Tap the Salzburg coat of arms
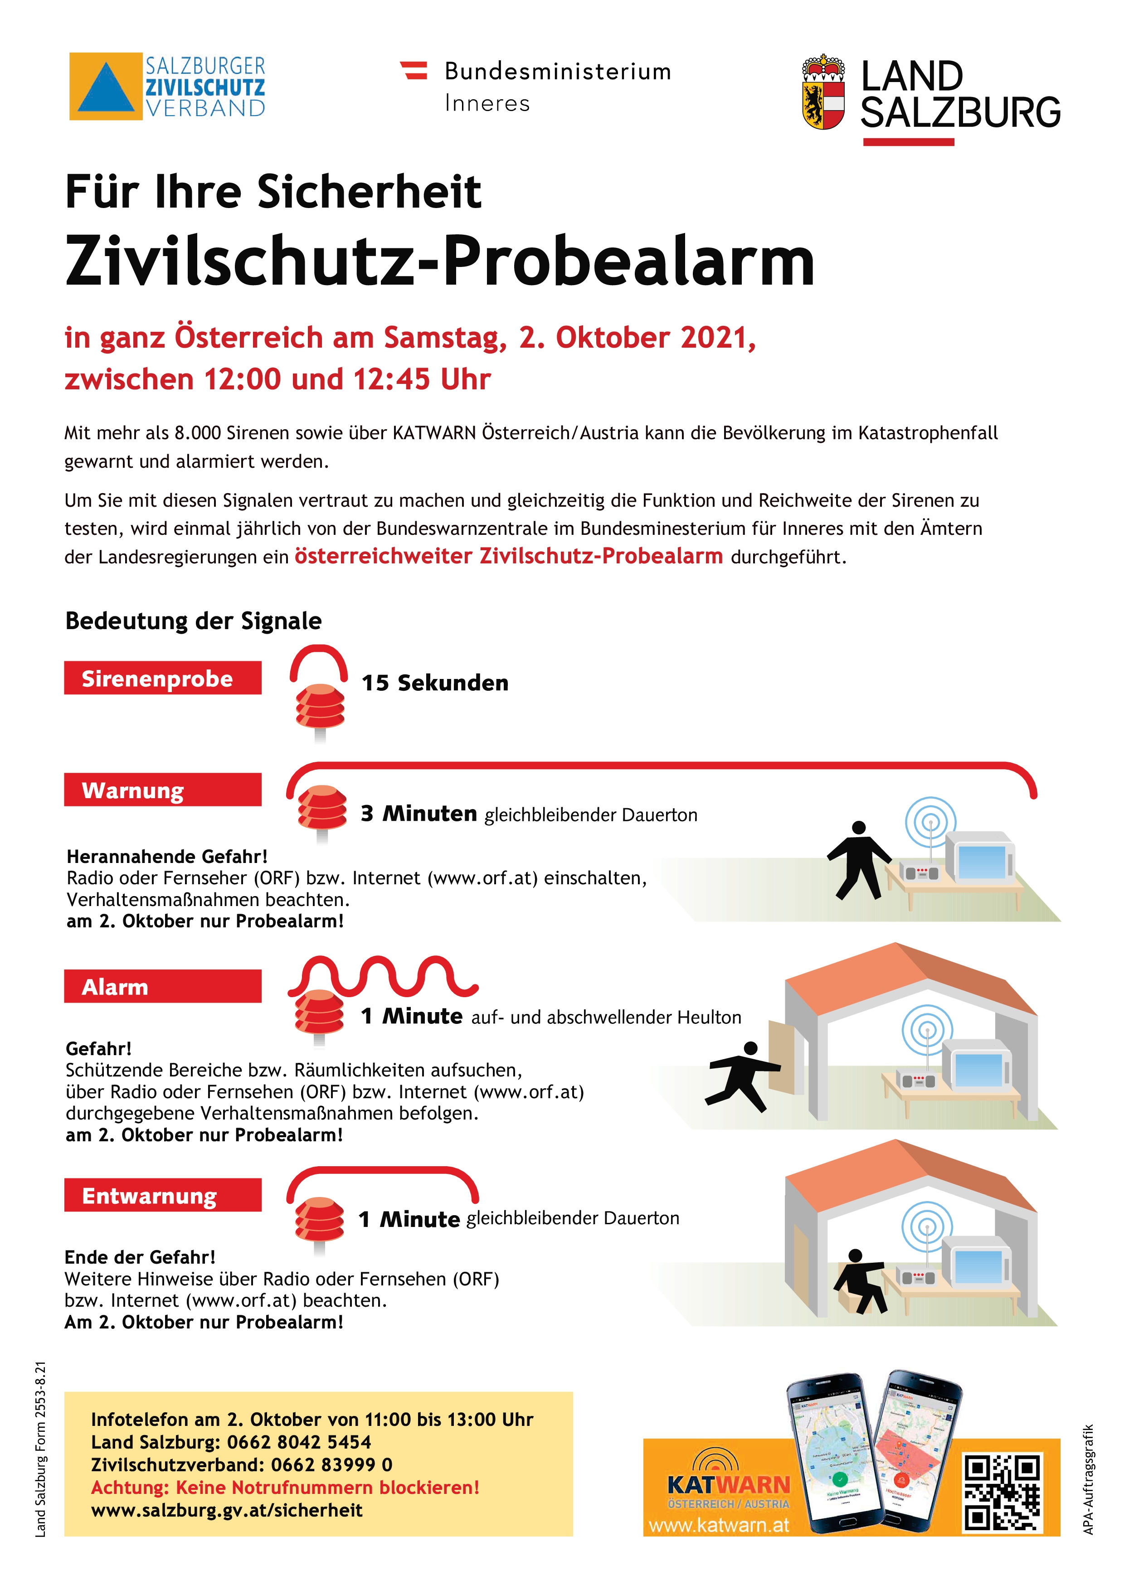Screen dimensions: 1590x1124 (x=823, y=92)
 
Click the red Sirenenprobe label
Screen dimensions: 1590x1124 (x=163, y=678)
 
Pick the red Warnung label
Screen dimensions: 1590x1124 (x=163, y=790)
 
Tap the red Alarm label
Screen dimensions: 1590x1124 (x=163, y=986)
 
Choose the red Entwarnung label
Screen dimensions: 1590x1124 (x=163, y=1195)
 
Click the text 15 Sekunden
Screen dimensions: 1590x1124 (x=435, y=683)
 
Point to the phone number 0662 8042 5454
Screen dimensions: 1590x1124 (x=299, y=1443)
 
